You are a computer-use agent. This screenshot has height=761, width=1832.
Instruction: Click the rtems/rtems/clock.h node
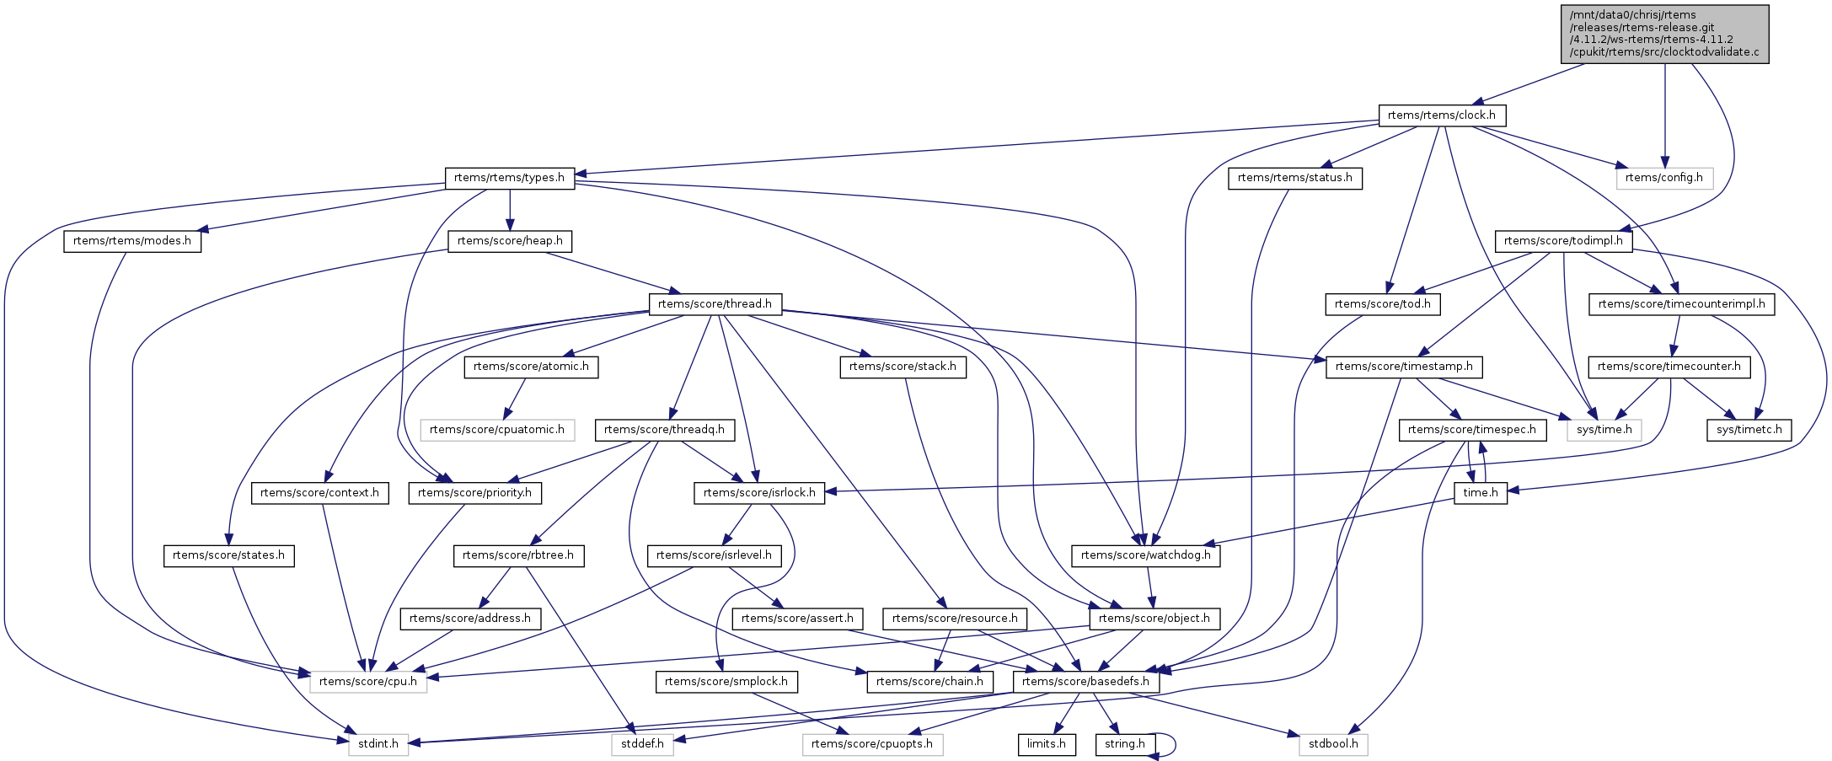pos(1441,115)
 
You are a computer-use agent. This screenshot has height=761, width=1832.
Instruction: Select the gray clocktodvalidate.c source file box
pos(1664,34)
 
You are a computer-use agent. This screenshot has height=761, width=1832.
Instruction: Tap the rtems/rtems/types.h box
pos(509,178)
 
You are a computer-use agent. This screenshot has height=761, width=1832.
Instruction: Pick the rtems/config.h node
pos(1663,178)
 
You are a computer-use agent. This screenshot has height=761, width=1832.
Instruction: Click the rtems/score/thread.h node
pos(715,303)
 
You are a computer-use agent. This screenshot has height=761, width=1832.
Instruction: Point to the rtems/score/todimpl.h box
pos(1563,241)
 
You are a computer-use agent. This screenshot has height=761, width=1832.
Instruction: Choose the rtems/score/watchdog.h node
pos(1145,555)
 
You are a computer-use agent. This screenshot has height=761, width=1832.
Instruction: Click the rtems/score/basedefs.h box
pos(1085,682)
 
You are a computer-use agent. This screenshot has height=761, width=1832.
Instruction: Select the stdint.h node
pos(378,744)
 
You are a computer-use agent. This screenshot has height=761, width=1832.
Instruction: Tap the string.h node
pos(1124,744)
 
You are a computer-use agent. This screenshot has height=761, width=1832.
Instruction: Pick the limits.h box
pos(1047,744)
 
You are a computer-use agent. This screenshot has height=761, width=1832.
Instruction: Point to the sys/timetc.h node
pos(1749,430)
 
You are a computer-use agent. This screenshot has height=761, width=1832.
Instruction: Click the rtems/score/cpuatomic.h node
pos(497,430)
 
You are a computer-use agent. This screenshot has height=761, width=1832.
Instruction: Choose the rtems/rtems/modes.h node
pos(132,241)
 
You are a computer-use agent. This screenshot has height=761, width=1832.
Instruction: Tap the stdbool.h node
pos(1333,744)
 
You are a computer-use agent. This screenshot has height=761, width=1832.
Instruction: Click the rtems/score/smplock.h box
pos(726,682)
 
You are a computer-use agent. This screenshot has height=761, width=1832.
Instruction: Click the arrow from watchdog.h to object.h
pos(1149,587)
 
